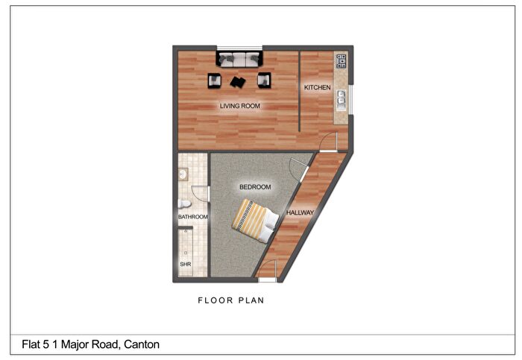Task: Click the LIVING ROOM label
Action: tap(239, 106)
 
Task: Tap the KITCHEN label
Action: tap(317, 87)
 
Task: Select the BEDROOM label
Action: tap(255, 187)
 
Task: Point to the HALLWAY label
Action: tap(300, 212)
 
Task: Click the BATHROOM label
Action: tap(192, 217)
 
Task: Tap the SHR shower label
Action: tap(186, 264)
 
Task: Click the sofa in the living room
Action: tap(239, 59)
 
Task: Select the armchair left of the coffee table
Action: tap(215, 80)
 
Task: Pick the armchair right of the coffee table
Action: tap(264, 80)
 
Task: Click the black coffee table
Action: tap(238, 81)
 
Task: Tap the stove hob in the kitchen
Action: tap(342, 61)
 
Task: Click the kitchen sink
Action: tap(342, 100)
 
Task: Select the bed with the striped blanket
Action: tap(255, 221)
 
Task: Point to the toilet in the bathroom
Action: tap(184, 203)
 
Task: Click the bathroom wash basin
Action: tap(183, 174)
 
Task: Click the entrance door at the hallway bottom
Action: tap(267, 269)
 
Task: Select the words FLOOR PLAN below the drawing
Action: tap(231, 300)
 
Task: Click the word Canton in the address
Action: tap(142, 344)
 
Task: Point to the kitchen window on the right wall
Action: tap(351, 99)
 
